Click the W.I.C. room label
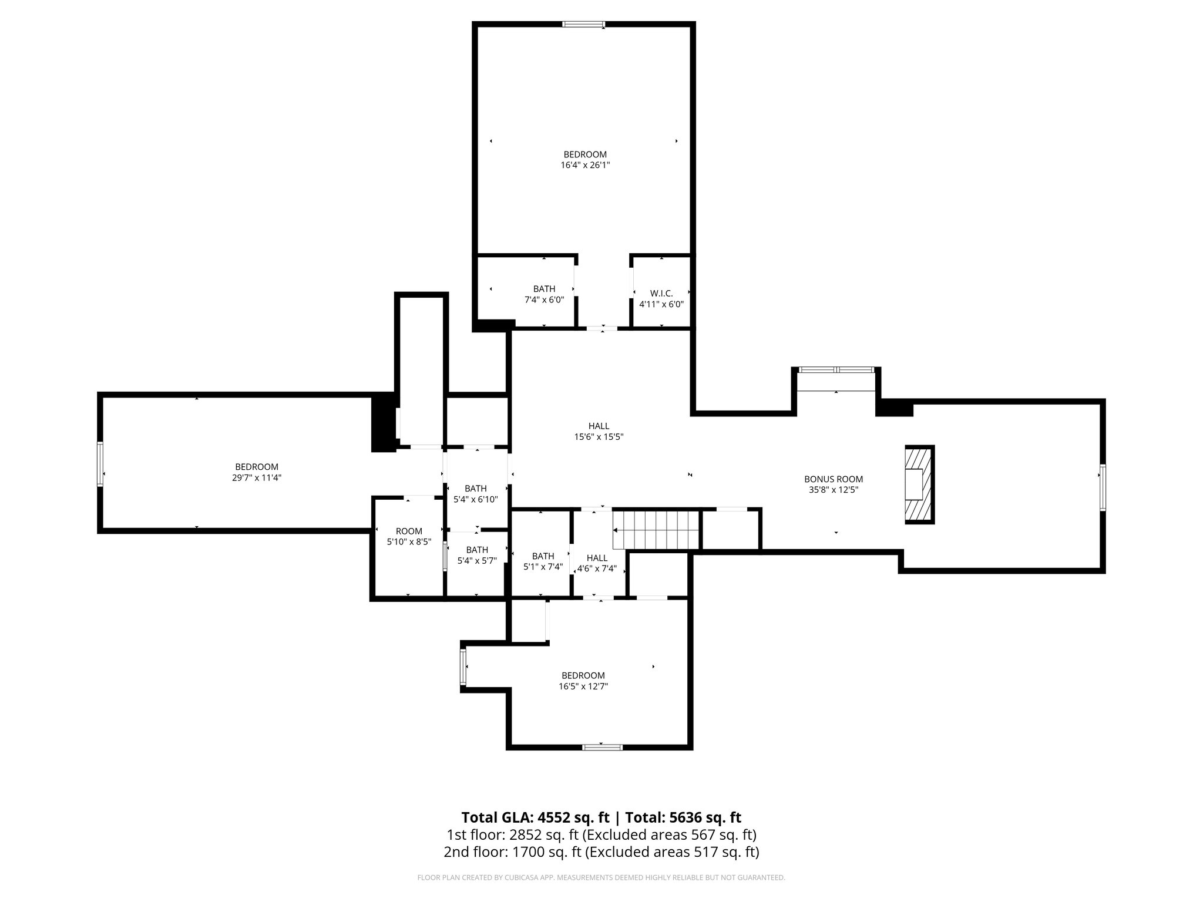click(x=661, y=293)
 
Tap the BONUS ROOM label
click(x=834, y=479)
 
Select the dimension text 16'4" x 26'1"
click(x=585, y=166)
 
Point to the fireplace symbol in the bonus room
click(x=919, y=484)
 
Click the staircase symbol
click(x=657, y=530)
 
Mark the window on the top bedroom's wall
click(x=583, y=25)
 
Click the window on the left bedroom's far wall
click(x=100, y=464)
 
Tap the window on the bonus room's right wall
click(x=1103, y=487)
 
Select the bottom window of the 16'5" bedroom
click(x=602, y=747)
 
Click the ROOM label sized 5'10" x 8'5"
click(x=409, y=531)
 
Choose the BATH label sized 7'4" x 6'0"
click(x=544, y=289)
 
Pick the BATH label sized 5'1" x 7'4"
click(x=543, y=556)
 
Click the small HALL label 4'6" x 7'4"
click(x=597, y=558)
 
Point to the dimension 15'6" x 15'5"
click(x=599, y=437)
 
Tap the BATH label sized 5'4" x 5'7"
click(x=477, y=550)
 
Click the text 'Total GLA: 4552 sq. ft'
click(x=535, y=817)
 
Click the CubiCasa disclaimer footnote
click(x=601, y=878)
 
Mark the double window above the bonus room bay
click(x=836, y=370)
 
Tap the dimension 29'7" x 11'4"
click(x=257, y=478)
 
